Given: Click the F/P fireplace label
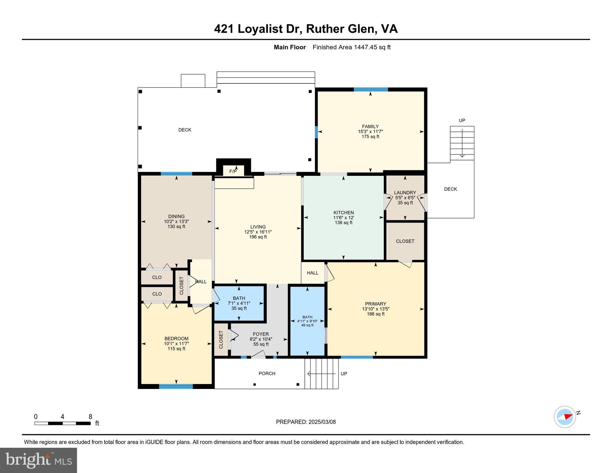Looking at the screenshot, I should (233, 171).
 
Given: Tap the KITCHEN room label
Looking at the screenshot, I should (343, 212).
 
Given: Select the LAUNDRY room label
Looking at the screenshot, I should (405, 192).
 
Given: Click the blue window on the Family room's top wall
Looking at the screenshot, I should (371, 90).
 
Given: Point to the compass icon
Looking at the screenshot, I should (565, 417).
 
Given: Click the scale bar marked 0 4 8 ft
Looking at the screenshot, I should (63, 423).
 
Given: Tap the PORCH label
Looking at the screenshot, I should (267, 373).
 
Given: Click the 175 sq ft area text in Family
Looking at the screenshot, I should (370, 136).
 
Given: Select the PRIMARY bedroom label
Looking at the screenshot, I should (375, 304).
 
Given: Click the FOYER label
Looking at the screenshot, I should (261, 334).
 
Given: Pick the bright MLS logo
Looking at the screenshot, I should (39, 460).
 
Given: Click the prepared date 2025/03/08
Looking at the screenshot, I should (306, 422).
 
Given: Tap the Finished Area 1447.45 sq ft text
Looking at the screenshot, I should (351, 47).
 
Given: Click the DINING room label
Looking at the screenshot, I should (176, 216).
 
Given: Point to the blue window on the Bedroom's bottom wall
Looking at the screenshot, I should (176, 386).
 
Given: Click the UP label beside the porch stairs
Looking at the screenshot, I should (344, 374).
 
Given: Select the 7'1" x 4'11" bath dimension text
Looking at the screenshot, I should (239, 303).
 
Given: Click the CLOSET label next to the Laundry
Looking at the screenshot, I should (405, 241).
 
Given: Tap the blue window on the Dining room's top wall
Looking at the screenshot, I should (176, 174).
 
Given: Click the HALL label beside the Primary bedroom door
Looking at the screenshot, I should (312, 273).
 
